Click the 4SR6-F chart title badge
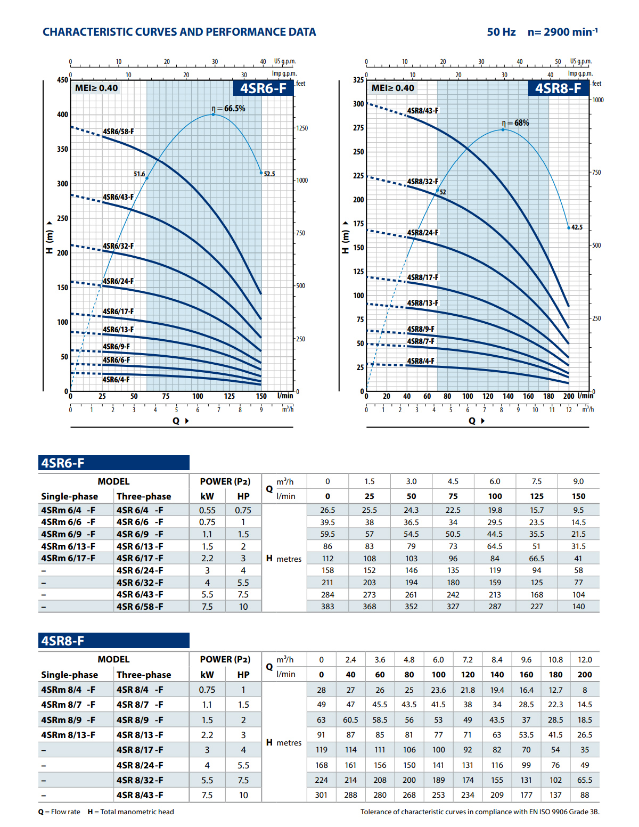[263, 88]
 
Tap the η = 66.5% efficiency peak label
[228, 109]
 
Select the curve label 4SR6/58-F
[118, 132]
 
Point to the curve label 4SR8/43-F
[423, 111]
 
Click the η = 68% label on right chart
[515, 123]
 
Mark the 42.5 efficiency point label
[577, 227]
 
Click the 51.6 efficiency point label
[139, 174]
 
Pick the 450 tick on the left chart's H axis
[63, 80]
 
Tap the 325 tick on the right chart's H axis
[358, 80]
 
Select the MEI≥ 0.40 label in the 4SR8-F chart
[392, 88]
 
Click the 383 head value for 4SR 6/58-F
[327, 607]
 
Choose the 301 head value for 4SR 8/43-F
[321, 795]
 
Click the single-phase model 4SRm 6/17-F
[68, 558]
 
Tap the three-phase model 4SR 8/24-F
[140, 765]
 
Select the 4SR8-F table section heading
[63, 641]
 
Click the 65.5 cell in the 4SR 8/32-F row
[585, 780]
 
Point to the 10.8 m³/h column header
[555, 660]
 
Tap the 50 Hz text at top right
[501, 32]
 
